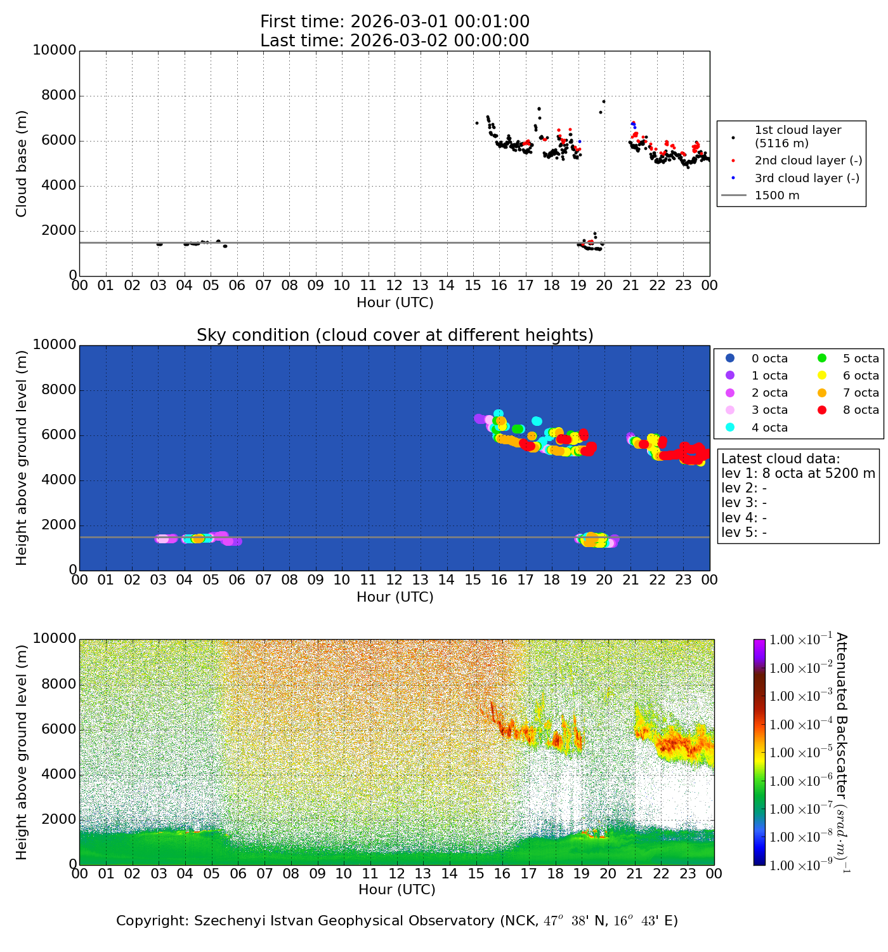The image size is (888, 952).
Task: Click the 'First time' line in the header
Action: (x=395, y=22)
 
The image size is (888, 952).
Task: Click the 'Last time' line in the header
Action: (x=395, y=41)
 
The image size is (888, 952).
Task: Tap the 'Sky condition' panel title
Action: (x=395, y=335)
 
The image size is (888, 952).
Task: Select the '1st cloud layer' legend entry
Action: (x=798, y=136)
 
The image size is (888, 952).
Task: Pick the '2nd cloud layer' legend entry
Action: (x=808, y=161)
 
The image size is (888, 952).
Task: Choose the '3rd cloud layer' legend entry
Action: (x=807, y=178)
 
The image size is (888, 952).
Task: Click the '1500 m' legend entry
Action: (x=777, y=195)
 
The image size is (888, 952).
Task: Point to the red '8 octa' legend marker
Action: (x=822, y=410)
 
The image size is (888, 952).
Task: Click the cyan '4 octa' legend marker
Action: (x=730, y=427)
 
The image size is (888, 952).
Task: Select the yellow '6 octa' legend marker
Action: (x=822, y=376)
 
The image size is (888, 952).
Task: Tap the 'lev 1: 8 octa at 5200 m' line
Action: (x=798, y=473)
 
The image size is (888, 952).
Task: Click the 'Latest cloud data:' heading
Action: (x=780, y=459)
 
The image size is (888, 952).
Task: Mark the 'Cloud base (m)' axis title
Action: (x=22, y=164)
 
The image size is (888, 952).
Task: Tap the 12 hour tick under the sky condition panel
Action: (x=394, y=579)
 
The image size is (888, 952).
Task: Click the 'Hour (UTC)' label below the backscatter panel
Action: (x=397, y=890)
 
